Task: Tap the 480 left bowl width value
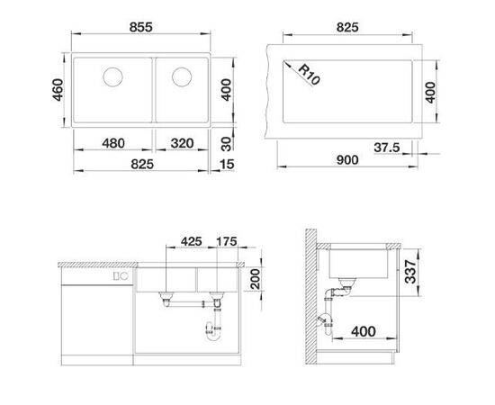(113, 142)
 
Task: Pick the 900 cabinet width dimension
(346, 160)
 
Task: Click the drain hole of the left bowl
(115, 75)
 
